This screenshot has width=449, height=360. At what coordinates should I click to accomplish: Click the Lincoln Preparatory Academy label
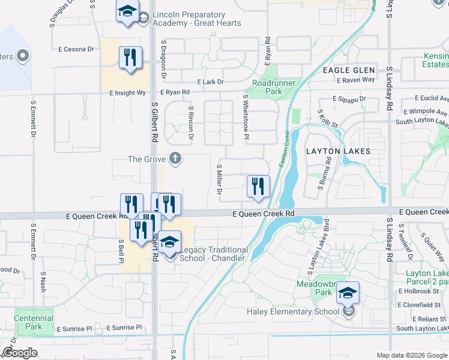pyautogui.click(x=197, y=19)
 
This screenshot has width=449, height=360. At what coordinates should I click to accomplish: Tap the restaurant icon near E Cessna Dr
pyautogui.click(x=130, y=58)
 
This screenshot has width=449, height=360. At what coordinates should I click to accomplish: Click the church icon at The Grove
pyautogui.click(x=175, y=158)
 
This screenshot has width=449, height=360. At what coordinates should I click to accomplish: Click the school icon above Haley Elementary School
pyautogui.click(x=348, y=293)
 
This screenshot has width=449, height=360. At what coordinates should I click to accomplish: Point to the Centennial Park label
pyautogui.click(x=34, y=322)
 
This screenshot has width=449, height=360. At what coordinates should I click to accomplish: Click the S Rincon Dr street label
pyautogui.click(x=191, y=124)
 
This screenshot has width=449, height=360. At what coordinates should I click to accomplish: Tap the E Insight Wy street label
pyautogui.click(x=127, y=93)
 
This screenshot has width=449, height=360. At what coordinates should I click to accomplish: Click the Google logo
pyautogui.click(x=20, y=353)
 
